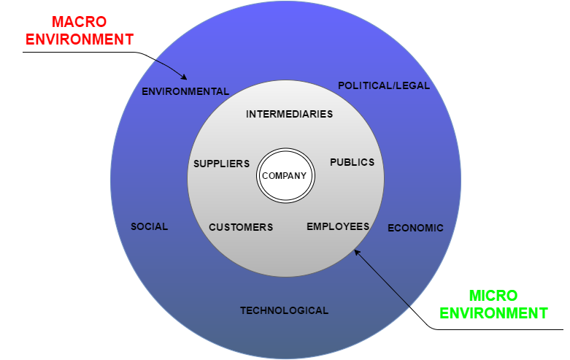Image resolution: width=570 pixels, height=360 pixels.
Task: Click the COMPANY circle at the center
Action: (x=285, y=176)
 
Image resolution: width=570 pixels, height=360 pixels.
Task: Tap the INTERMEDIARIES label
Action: (x=290, y=114)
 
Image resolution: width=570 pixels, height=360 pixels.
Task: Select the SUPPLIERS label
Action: (x=221, y=164)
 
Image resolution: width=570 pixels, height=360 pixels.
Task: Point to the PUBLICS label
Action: (x=352, y=162)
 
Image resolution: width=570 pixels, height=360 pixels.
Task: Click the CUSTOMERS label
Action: (x=241, y=227)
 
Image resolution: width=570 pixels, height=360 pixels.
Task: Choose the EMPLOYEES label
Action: (x=338, y=226)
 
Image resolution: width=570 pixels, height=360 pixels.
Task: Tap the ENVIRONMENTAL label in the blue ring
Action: (x=185, y=92)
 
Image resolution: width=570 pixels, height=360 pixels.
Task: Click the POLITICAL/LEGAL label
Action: (x=384, y=85)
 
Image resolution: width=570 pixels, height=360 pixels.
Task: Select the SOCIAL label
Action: (x=149, y=226)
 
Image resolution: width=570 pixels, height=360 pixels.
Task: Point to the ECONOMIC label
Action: (x=415, y=228)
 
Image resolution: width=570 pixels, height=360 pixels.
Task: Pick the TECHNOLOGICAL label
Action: (x=284, y=310)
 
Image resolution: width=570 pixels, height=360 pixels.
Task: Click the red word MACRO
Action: (x=78, y=21)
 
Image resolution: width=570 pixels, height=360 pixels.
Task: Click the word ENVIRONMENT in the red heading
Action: (x=79, y=39)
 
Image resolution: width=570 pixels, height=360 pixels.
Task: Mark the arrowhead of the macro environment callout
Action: (x=186, y=77)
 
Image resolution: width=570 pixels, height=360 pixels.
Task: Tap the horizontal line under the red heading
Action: (x=73, y=53)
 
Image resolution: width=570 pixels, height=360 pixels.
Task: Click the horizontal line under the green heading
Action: (x=504, y=329)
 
